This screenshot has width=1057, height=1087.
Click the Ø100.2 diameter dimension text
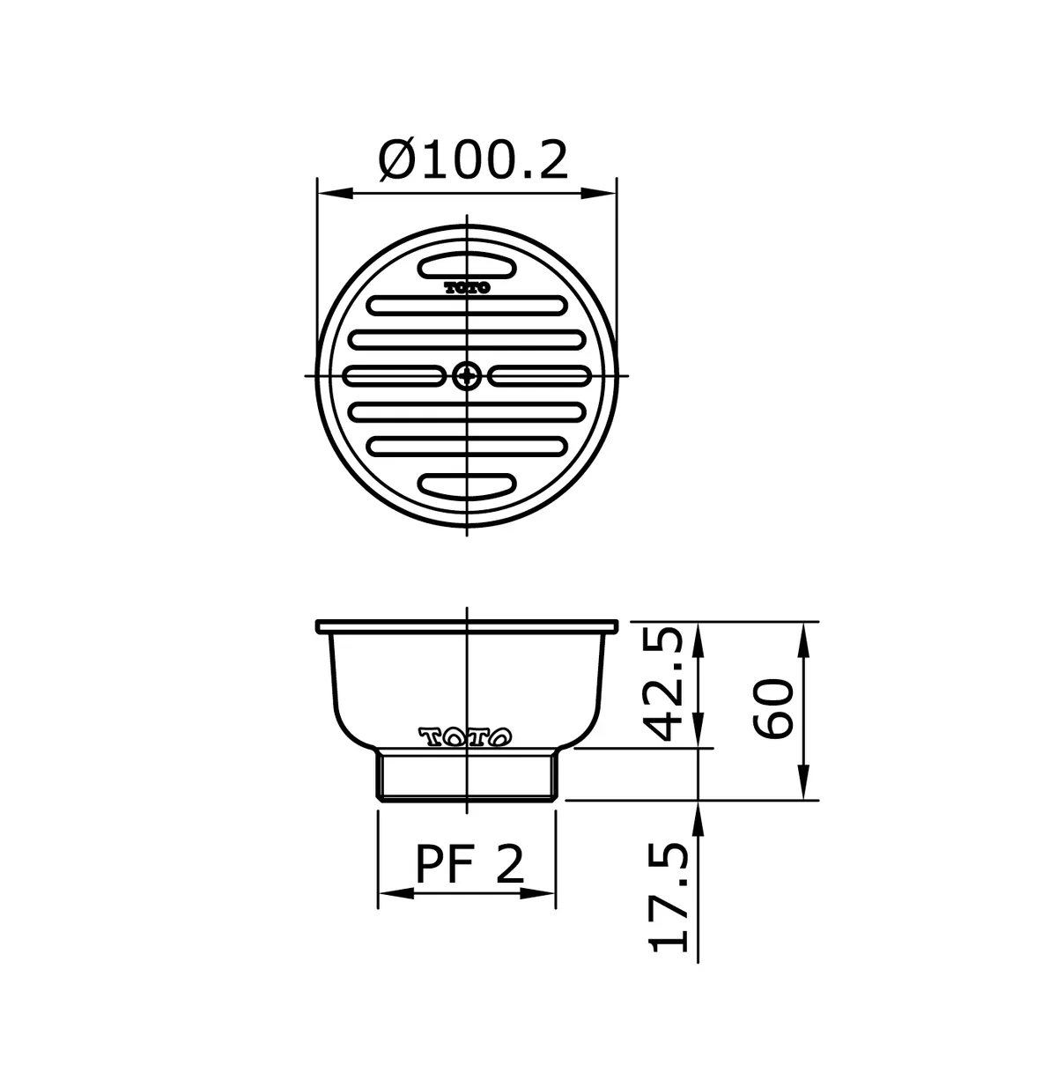pos(473,160)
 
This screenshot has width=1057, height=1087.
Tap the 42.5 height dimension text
pos(663,684)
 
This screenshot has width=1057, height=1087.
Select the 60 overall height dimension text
pos(772,709)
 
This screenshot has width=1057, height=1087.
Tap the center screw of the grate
pos(467,376)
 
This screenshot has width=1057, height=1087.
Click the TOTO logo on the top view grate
pos(467,288)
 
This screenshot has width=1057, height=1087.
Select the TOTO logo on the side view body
pos(465,736)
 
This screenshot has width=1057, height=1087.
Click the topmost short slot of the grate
pos(467,265)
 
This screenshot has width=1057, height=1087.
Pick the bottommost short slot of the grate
pos(467,485)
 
